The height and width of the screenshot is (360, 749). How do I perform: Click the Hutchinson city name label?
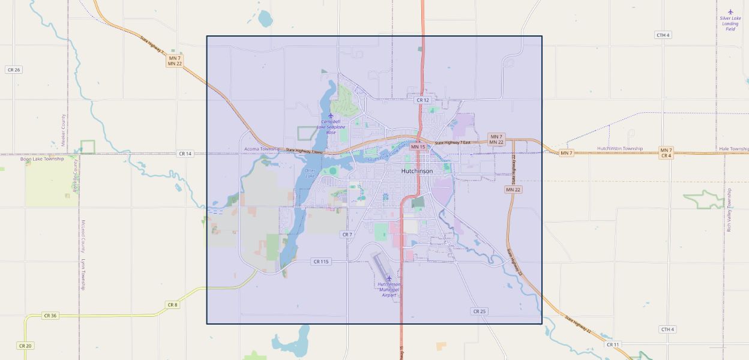[x=417, y=171]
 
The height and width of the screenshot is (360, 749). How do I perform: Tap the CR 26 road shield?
[x=13, y=70]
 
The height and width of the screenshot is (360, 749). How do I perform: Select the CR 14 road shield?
[x=185, y=154]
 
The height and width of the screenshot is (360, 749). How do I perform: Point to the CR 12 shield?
[x=423, y=100]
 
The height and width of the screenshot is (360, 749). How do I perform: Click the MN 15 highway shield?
[x=418, y=146]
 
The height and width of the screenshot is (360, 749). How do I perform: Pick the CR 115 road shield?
[x=321, y=262]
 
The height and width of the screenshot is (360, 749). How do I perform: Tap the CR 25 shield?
[x=478, y=311]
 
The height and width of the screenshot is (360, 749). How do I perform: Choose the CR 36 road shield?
[x=50, y=315]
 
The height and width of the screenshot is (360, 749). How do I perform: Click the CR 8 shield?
[x=172, y=305]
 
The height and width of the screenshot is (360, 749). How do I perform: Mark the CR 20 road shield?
[x=25, y=346]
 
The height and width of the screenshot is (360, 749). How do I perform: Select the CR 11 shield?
[x=612, y=344]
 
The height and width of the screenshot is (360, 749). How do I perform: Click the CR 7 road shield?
[x=347, y=234]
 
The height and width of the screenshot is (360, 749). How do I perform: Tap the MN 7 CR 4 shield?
[x=666, y=152]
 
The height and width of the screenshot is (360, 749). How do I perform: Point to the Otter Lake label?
[x=310, y=173]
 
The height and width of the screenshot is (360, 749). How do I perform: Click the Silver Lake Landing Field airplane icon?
[x=730, y=11]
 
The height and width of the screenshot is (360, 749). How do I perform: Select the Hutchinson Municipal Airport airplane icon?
[x=389, y=278]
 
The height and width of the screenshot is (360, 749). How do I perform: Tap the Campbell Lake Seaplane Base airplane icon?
[x=330, y=115]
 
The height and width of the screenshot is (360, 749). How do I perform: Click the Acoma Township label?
[x=262, y=149]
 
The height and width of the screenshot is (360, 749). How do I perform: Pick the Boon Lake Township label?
[x=42, y=159]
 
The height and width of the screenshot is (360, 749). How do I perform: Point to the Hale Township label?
[x=733, y=148]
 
